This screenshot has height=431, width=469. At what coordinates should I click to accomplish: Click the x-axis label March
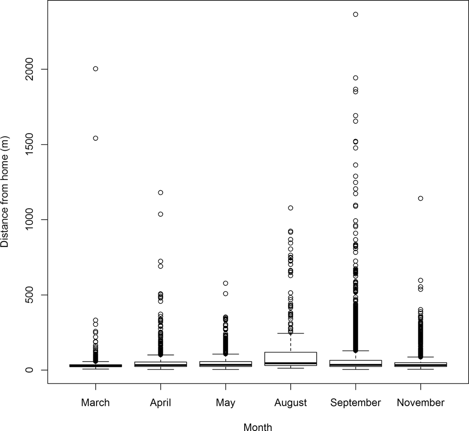(x=95, y=403)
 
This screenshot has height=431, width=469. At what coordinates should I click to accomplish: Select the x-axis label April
(x=160, y=403)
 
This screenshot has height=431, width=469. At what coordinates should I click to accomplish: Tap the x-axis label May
(x=225, y=403)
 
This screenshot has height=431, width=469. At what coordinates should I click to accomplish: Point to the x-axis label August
(x=290, y=403)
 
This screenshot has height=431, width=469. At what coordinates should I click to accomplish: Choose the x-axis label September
(x=355, y=403)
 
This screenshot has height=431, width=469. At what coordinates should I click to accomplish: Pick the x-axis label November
(x=420, y=403)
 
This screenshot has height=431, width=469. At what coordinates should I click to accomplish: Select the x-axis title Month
(x=258, y=427)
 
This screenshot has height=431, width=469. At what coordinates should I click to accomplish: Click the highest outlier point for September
(x=355, y=15)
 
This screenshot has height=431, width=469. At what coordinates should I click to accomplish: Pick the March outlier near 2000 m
(x=95, y=69)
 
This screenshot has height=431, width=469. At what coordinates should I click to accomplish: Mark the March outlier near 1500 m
(x=95, y=138)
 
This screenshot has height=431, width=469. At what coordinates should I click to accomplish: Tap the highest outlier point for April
(x=160, y=193)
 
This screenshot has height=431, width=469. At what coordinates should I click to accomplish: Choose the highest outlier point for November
(x=420, y=198)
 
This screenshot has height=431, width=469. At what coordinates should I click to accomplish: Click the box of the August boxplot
(x=290, y=358)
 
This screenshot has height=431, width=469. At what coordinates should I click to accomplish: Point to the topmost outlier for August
(x=290, y=208)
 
